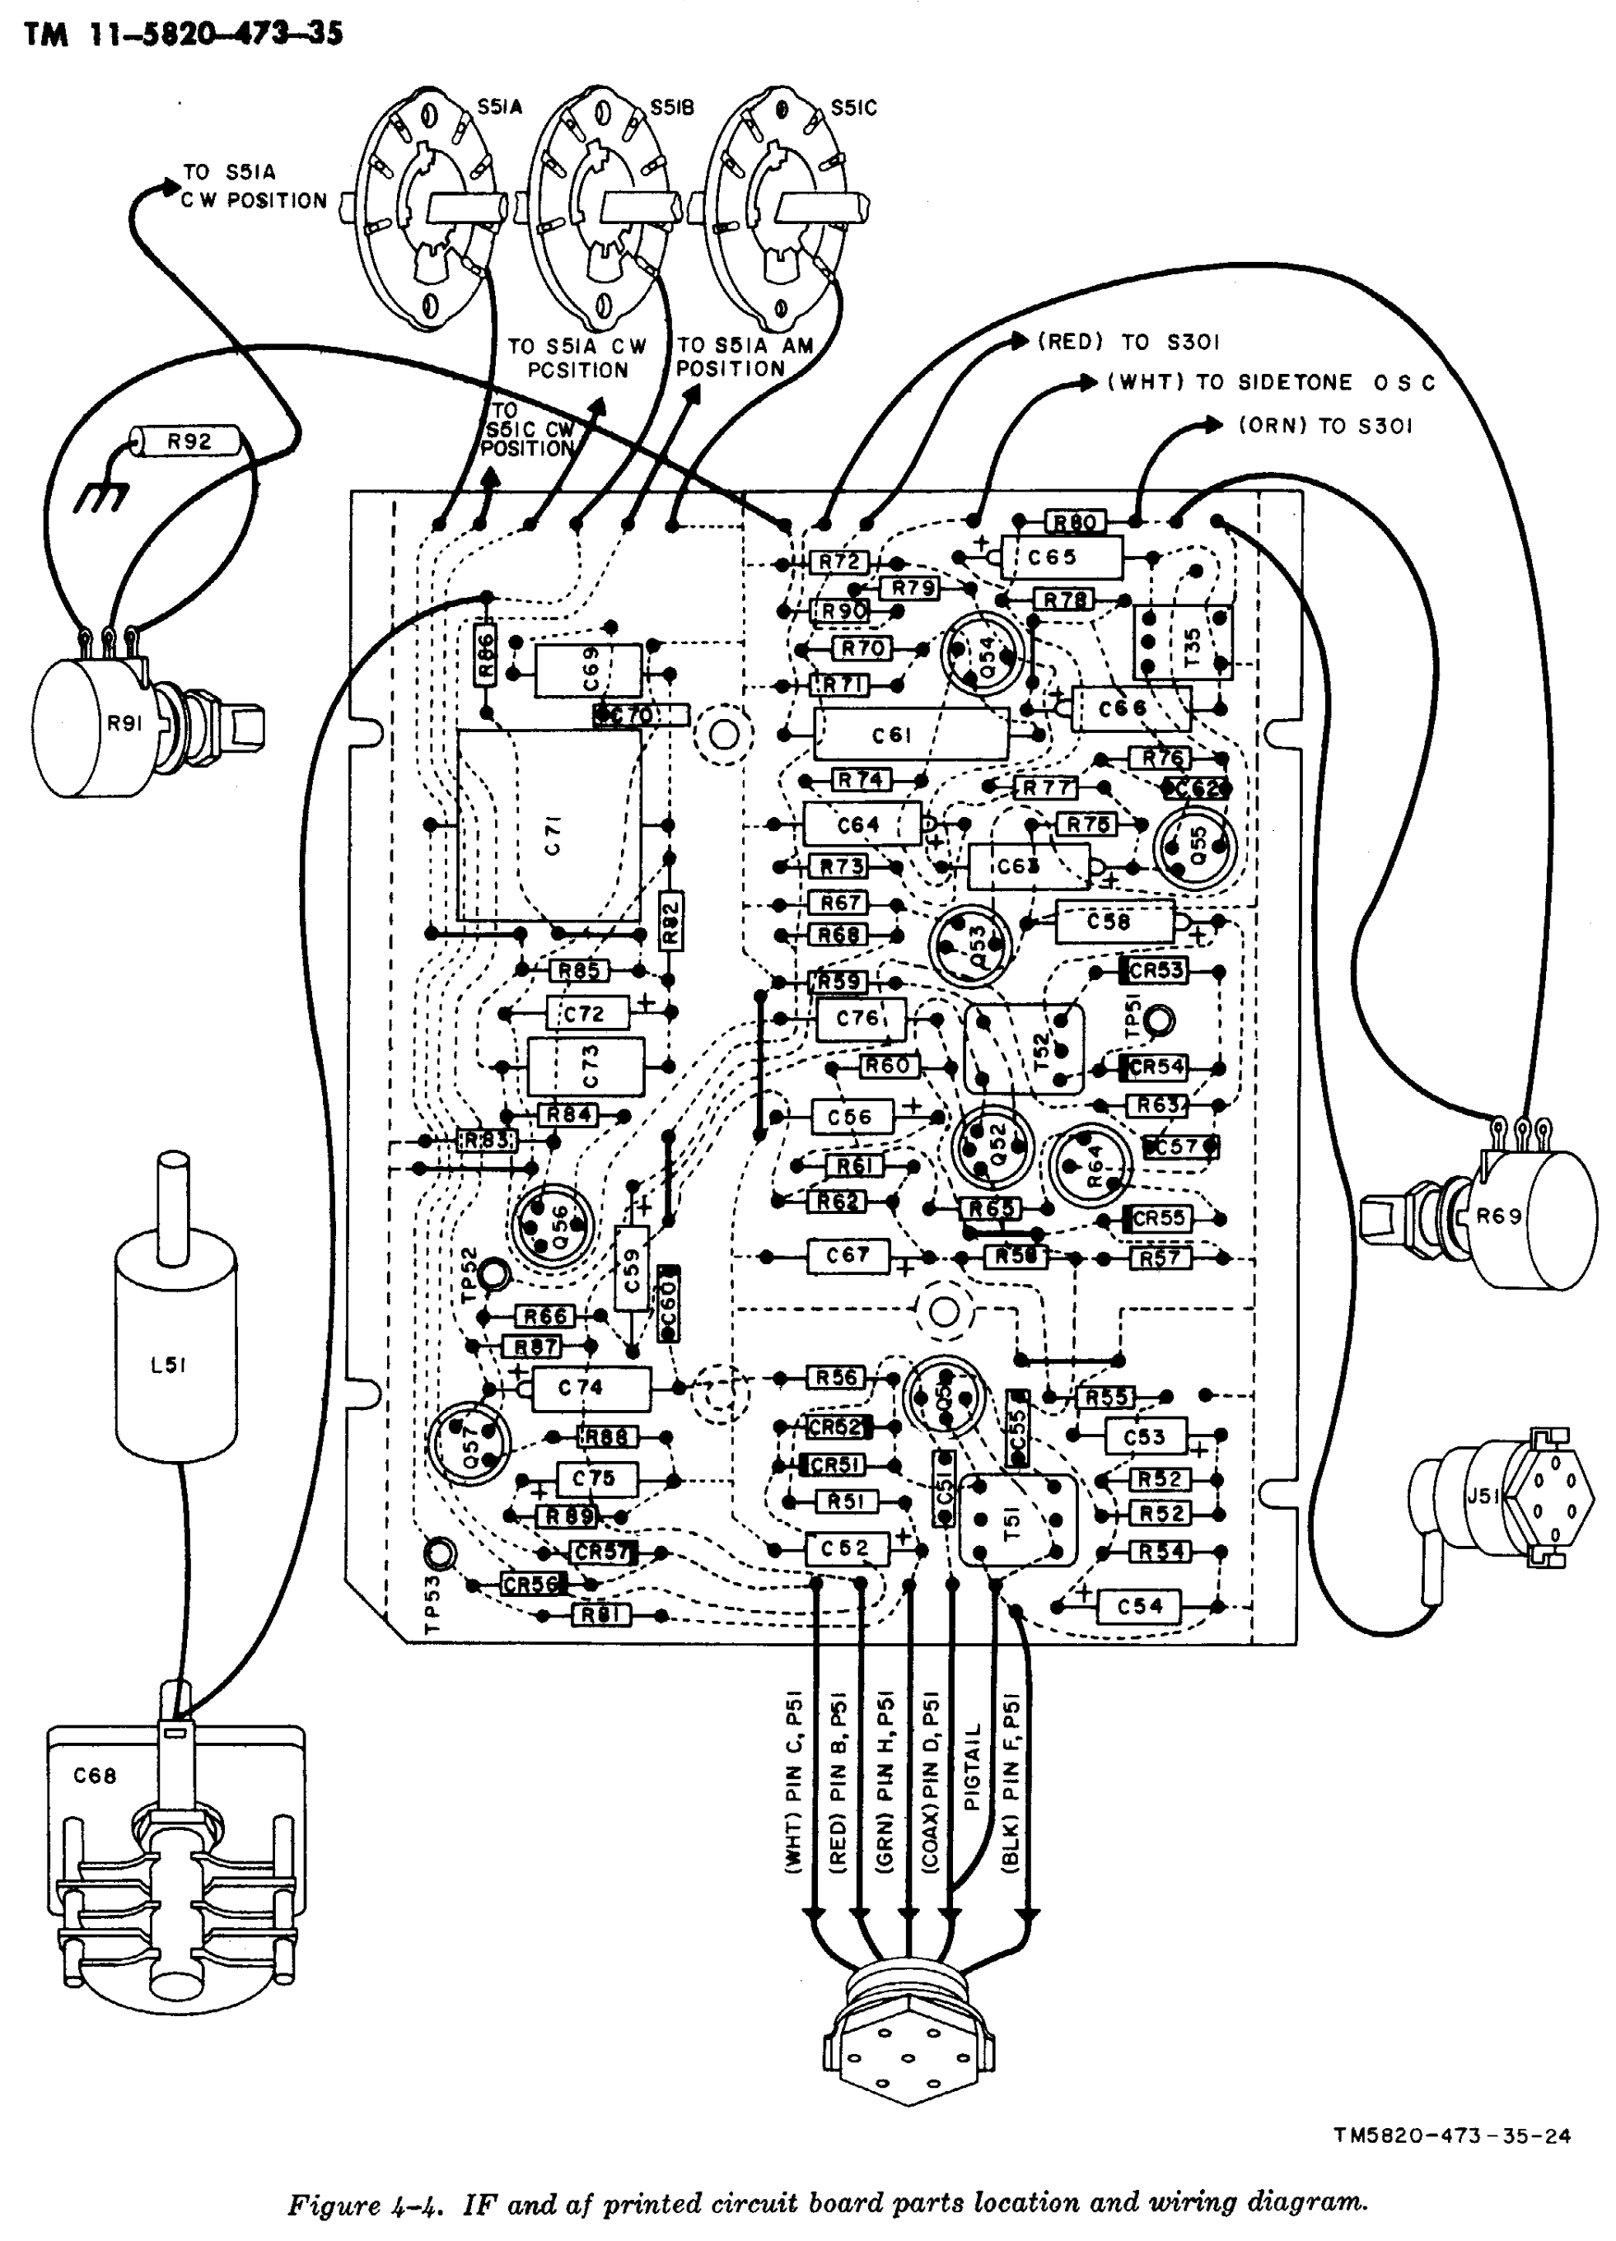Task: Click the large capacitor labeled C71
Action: pos(549,827)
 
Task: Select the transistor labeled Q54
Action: pos(983,653)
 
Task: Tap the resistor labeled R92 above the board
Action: pos(188,441)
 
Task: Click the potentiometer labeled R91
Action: pos(99,724)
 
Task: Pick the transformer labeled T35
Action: pos(1182,643)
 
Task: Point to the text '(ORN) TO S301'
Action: pos(1324,426)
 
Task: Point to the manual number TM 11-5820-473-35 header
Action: pos(184,35)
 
